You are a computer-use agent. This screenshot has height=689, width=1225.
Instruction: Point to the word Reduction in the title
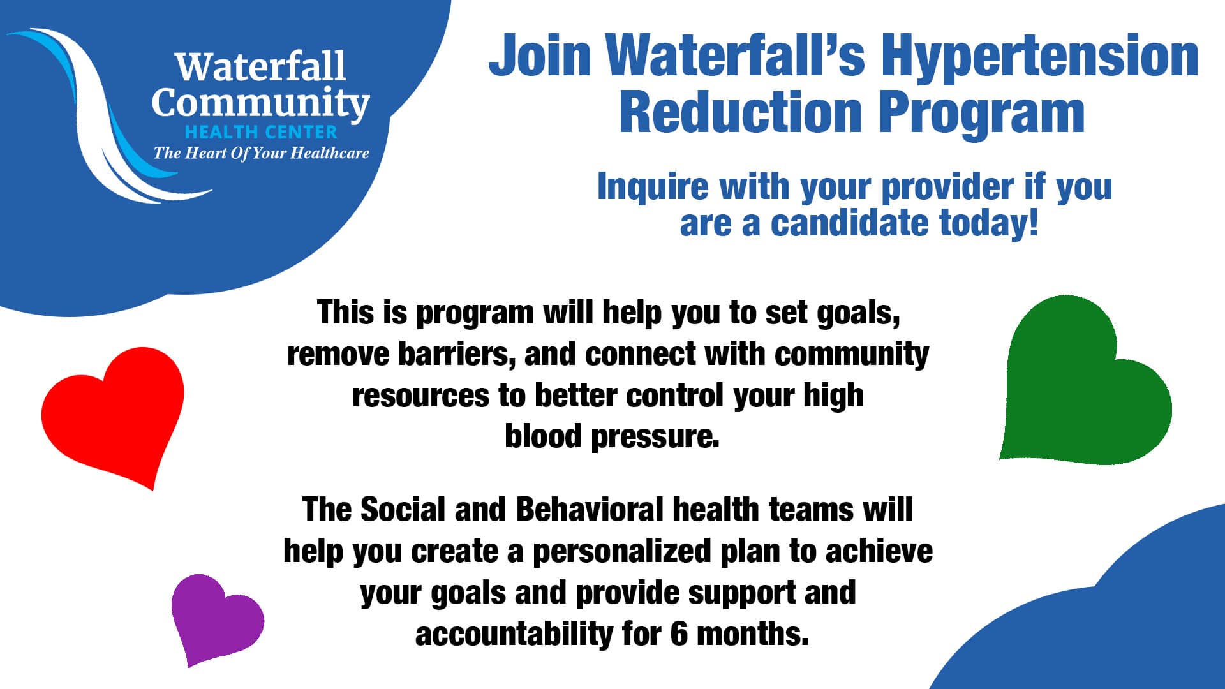[x=740, y=112]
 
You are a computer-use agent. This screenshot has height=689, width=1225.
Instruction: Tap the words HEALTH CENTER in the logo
[x=260, y=132]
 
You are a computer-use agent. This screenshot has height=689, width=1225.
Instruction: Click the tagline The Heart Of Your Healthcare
[x=261, y=153]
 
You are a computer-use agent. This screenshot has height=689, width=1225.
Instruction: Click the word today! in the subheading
[x=989, y=223]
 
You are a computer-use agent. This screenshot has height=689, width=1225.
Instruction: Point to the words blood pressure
[x=612, y=437]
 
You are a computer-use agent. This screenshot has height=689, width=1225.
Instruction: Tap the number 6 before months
[x=679, y=634]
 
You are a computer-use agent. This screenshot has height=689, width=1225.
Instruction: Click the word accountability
[x=513, y=634]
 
